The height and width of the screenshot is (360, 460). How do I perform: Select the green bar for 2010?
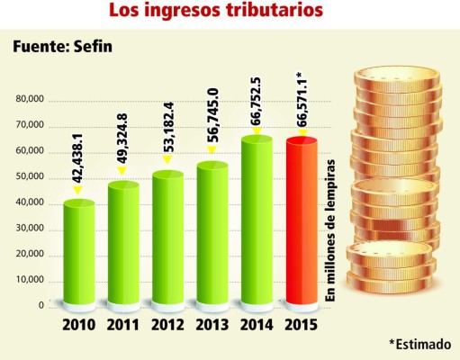pyautogui.click(x=78, y=252)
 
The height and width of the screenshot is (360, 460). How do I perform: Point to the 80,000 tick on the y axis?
pyautogui.click(x=29, y=99)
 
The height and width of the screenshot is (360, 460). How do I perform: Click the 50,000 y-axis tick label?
pyautogui.click(x=29, y=176)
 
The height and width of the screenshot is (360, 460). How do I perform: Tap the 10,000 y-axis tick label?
pyautogui.click(x=29, y=280)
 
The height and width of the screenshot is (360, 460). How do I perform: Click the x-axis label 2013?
pyautogui.click(x=212, y=325)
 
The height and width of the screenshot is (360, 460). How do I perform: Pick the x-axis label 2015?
pyautogui.click(x=302, y=325)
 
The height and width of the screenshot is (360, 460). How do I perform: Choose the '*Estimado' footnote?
pyautogui.click(x=419, y=344)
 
